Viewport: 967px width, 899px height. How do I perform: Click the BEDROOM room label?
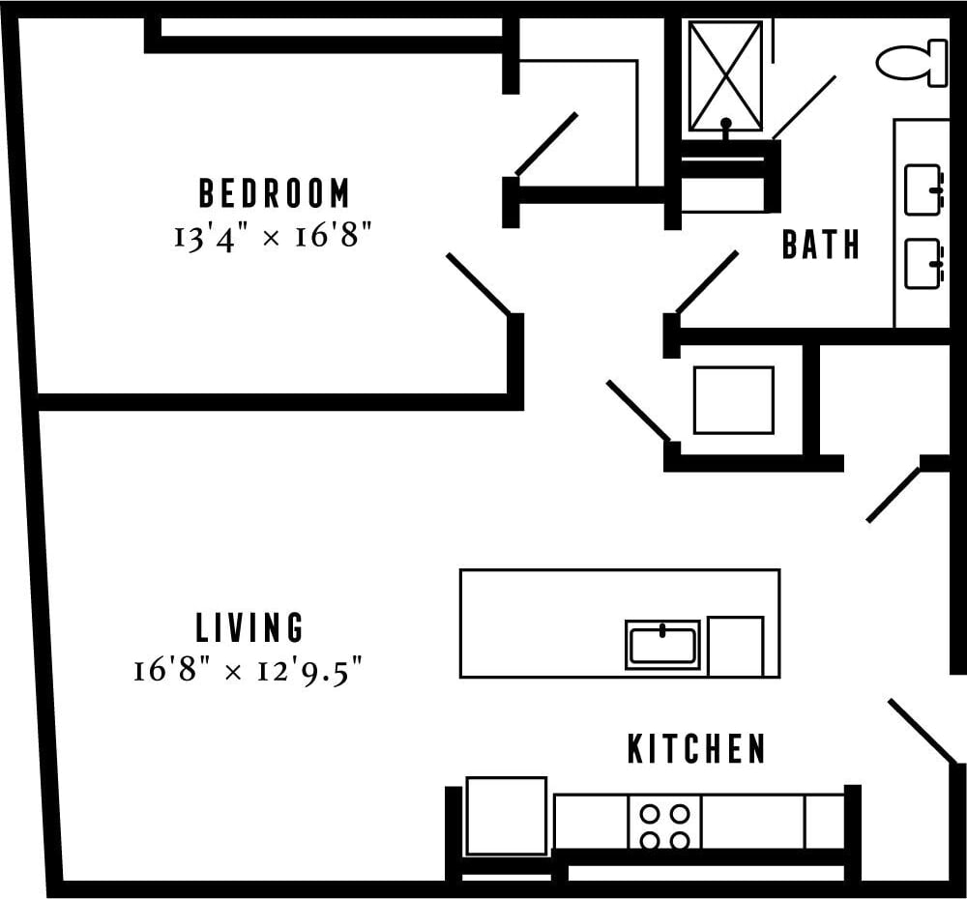[274, 193]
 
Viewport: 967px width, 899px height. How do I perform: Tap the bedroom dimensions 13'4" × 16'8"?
[274, 236]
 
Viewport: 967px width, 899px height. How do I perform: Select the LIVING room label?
[249, 627]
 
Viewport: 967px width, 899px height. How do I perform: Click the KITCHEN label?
[696, 749]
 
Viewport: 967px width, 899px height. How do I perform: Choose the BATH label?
[821, 246]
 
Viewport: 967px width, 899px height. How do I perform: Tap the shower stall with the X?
[725, 75]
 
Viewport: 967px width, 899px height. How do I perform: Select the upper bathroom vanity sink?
[923, 189]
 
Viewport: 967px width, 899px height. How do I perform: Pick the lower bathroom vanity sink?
[923, 264]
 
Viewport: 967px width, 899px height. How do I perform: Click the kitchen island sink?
[662, 645]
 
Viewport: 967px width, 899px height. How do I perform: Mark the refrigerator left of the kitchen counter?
[506, 816]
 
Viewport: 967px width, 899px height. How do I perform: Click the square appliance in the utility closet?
[733, 400]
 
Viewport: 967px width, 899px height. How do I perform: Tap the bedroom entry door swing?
[479, 284]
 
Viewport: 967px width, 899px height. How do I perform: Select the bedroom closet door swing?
[546, 144]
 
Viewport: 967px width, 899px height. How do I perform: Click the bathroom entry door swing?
[707, 282]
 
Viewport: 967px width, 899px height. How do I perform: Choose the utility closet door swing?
[637, 411]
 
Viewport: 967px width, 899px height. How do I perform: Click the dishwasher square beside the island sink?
[735, 646]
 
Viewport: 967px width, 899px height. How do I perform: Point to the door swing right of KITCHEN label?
[922, 731]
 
